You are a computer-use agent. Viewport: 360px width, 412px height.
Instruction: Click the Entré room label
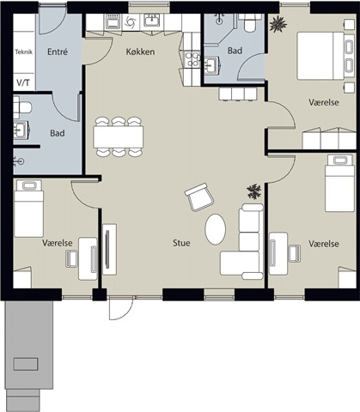(58, 51)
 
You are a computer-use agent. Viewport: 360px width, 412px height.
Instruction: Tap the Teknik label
(23, 52)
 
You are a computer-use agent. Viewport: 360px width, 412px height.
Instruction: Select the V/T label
(23, 83)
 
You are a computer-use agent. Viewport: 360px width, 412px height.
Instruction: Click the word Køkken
(140, 51)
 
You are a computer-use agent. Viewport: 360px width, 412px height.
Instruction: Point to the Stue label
(181, 243)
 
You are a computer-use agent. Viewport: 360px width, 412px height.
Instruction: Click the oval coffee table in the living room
(215, 229)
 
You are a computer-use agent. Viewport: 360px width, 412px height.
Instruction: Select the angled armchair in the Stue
(199, 197)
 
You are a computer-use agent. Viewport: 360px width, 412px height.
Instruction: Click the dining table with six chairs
(119, 136)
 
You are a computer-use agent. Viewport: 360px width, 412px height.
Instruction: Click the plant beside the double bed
(278, 24)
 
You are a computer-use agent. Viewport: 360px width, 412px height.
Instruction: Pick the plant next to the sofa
(254, 191)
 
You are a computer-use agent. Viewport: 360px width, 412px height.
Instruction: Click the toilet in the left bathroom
(22, 107)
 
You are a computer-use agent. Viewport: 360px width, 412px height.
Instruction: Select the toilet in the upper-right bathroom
(250, 22)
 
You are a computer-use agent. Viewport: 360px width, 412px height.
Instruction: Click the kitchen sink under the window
(152, 21)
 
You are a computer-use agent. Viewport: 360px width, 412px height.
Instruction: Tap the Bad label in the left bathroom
(58, 133)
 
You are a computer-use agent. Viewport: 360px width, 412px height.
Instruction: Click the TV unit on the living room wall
(110, 249)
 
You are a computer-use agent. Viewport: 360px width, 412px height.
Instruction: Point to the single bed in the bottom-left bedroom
(29, 209)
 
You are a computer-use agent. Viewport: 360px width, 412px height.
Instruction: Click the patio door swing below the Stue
(121, 308)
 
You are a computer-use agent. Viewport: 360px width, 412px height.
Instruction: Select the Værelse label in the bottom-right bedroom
(324, 244)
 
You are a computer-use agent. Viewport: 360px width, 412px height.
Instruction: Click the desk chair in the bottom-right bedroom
(294, 253)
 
